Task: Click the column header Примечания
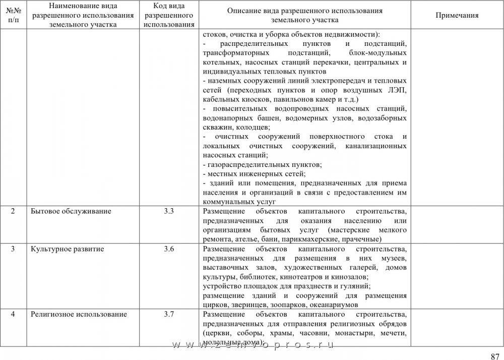pos(457,15)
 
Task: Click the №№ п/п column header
pos(13,15)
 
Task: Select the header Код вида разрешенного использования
pos(169,15)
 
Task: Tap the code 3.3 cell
pos(169,211)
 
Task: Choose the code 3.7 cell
pos(169,315)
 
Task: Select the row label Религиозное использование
pos(79,315)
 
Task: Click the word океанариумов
pos(333,305)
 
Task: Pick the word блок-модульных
pos(377,53)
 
